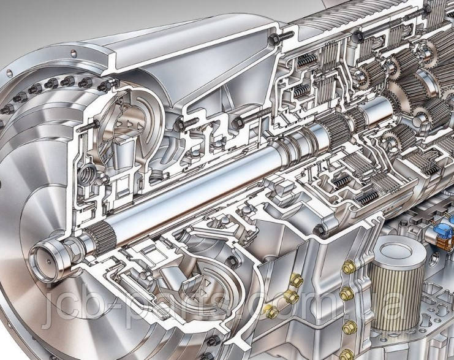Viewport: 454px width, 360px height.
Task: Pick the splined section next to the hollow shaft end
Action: [101, 240]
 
